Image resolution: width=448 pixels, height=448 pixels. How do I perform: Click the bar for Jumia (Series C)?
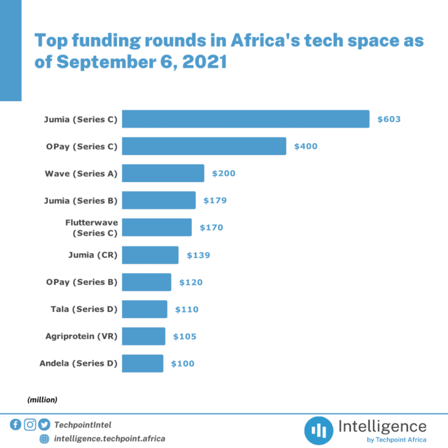[x=246, y=119]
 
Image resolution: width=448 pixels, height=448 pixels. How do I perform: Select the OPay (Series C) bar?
[x=204, y=146]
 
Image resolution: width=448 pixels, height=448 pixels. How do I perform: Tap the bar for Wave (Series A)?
[x=163, y=173]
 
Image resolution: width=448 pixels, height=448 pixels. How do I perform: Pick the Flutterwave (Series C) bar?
[x=157, y=227]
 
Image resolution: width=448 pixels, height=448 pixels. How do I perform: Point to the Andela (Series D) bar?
[x=143, y=363]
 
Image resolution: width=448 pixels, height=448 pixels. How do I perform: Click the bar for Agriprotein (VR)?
[x=144, y=336]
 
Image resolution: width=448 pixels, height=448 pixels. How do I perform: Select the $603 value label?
[x=389, y=120]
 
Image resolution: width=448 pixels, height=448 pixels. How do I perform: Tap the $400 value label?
[x=305, y=146]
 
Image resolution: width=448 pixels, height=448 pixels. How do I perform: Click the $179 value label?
[x=215, y=200]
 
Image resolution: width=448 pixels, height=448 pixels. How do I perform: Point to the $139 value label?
[x=198, y=255]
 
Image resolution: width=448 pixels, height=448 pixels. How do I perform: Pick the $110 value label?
[x=187, y=309]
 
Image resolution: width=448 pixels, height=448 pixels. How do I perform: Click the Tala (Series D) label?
[x=84, y=309]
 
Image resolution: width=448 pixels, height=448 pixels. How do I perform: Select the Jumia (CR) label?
[x=93, y=255]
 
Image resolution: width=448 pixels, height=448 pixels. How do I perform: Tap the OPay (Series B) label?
[x=81, y=282]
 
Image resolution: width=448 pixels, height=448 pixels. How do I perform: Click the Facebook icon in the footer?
[x=16, y=424]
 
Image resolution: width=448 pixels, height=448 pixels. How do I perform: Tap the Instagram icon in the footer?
[x=30, y=424]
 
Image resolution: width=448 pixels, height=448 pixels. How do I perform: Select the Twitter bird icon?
[x=44, y=424]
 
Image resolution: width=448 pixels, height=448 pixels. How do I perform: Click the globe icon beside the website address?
[x=44, y=438]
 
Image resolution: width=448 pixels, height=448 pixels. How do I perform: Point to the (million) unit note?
[x=43, y=399]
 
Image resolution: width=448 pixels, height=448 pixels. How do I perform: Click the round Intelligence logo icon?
[x=319, y=430]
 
